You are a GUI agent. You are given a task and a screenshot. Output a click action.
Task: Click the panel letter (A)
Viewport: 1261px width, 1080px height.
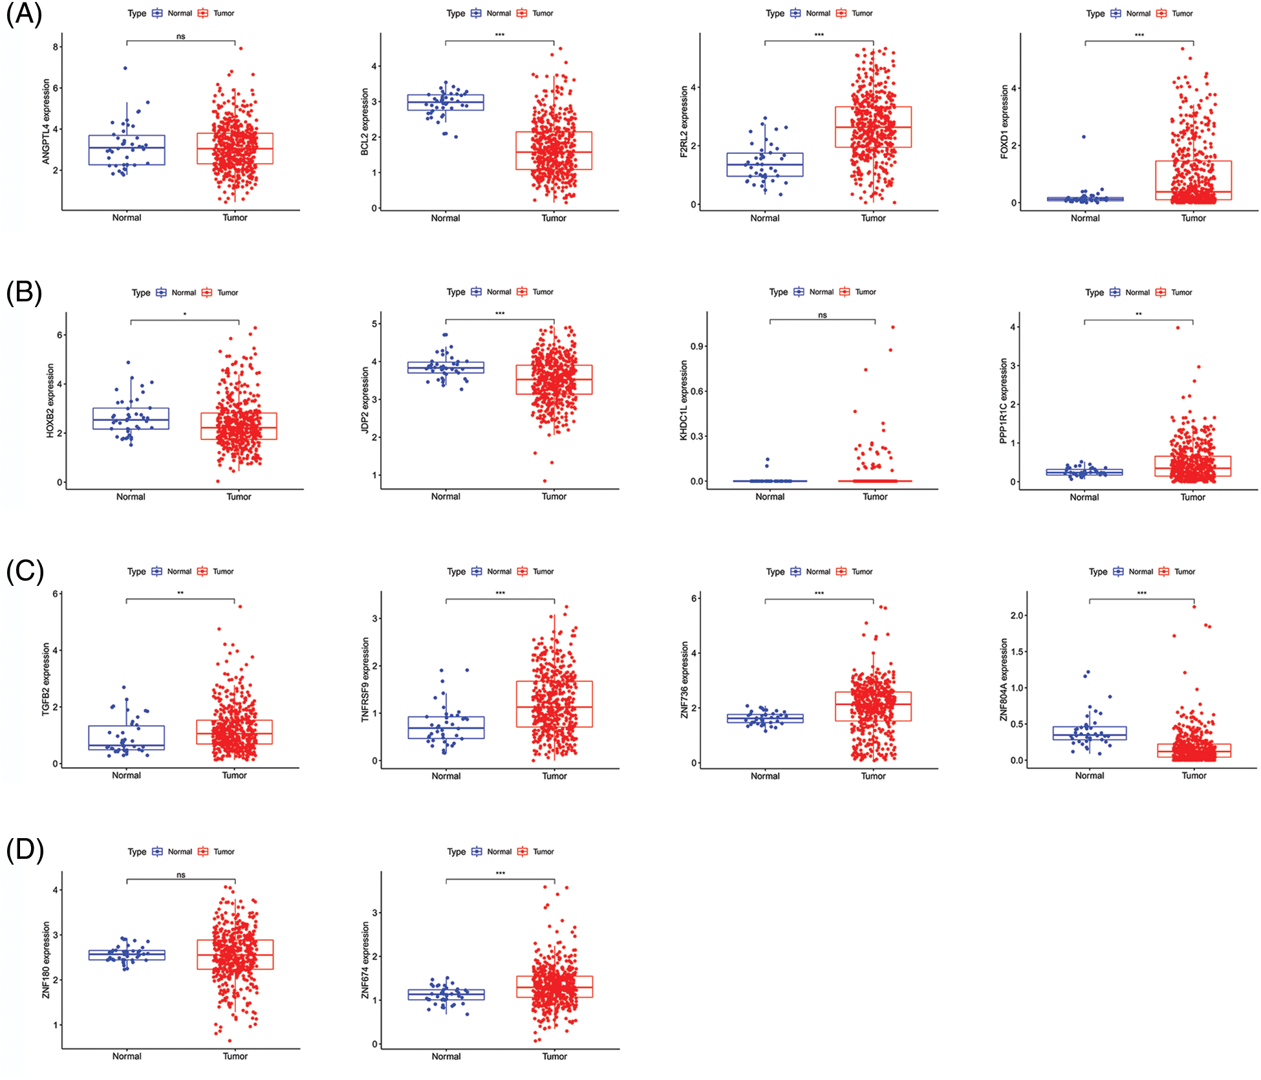tap(24, 14)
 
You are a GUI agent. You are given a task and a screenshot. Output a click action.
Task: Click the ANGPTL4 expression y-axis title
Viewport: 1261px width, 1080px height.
tap(46, 121)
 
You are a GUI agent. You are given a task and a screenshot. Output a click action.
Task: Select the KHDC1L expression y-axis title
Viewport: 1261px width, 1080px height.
tap(684, 400)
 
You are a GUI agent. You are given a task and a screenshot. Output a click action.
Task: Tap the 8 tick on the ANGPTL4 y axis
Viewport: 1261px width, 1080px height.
tap(56, 47)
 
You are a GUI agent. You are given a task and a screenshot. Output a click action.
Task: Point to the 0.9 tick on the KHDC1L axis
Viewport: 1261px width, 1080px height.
tap(696, 346)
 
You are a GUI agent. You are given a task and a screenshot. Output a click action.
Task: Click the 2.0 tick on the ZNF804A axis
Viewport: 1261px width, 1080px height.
tap(1017, 615)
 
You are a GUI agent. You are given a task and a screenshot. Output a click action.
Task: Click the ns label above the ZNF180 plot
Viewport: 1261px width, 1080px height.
tap(181, 874)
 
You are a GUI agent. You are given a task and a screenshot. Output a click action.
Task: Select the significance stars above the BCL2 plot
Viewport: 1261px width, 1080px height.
tap(500, 35)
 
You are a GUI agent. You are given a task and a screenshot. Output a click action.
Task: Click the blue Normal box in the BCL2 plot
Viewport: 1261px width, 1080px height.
tap(446, 102)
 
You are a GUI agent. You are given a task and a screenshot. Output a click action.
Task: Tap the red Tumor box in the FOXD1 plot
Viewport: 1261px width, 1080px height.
tap(1193, 180)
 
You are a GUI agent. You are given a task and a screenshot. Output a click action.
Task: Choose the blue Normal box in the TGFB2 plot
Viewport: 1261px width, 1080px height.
tap(126, 737)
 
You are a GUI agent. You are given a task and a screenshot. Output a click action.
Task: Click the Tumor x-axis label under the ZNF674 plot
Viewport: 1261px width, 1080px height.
tap(554, 1056)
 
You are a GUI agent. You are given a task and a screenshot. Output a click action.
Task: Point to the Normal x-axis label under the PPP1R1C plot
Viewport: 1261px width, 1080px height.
tap(1084, 497)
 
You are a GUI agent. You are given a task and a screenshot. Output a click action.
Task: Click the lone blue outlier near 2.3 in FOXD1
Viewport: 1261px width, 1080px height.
tap(1084, 136)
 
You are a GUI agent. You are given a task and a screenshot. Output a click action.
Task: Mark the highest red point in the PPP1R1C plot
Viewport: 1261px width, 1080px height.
tap(1178, 327)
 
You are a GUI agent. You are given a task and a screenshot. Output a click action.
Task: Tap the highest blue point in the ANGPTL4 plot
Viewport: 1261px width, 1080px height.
tap(125, 68)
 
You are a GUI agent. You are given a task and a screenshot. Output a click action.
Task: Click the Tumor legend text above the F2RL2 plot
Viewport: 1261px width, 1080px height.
tap(862, 13)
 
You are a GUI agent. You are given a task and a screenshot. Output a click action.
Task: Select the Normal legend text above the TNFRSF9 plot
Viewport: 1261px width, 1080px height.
tap(499, 571)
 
